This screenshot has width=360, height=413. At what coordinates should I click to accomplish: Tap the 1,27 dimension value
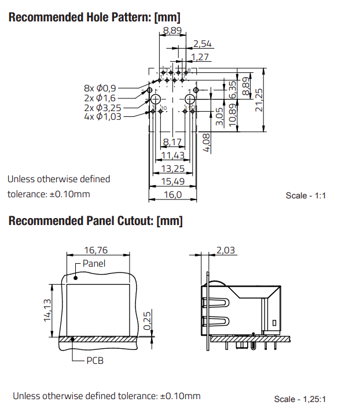[x=200, y=57]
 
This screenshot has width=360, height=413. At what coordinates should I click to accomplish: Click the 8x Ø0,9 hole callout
[x=100, y=88]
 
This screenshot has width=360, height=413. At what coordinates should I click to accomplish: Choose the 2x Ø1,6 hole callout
[x=100, y=98]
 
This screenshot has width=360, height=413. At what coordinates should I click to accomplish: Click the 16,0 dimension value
[x=172, y=195]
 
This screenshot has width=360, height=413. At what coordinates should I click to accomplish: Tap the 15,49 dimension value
[x=172, y=182]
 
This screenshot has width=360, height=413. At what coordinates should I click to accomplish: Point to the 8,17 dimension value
[x=172, y=142]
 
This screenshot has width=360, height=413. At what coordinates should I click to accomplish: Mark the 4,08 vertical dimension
[x=207, y=142]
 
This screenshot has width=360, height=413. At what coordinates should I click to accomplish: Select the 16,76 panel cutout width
[x=97, y=250]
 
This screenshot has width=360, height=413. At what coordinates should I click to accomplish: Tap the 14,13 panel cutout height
[x=47, y=309]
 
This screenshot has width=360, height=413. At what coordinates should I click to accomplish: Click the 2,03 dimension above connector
[x=226, y=250]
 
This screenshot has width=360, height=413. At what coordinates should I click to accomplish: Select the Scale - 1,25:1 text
[x=300, y=399]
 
